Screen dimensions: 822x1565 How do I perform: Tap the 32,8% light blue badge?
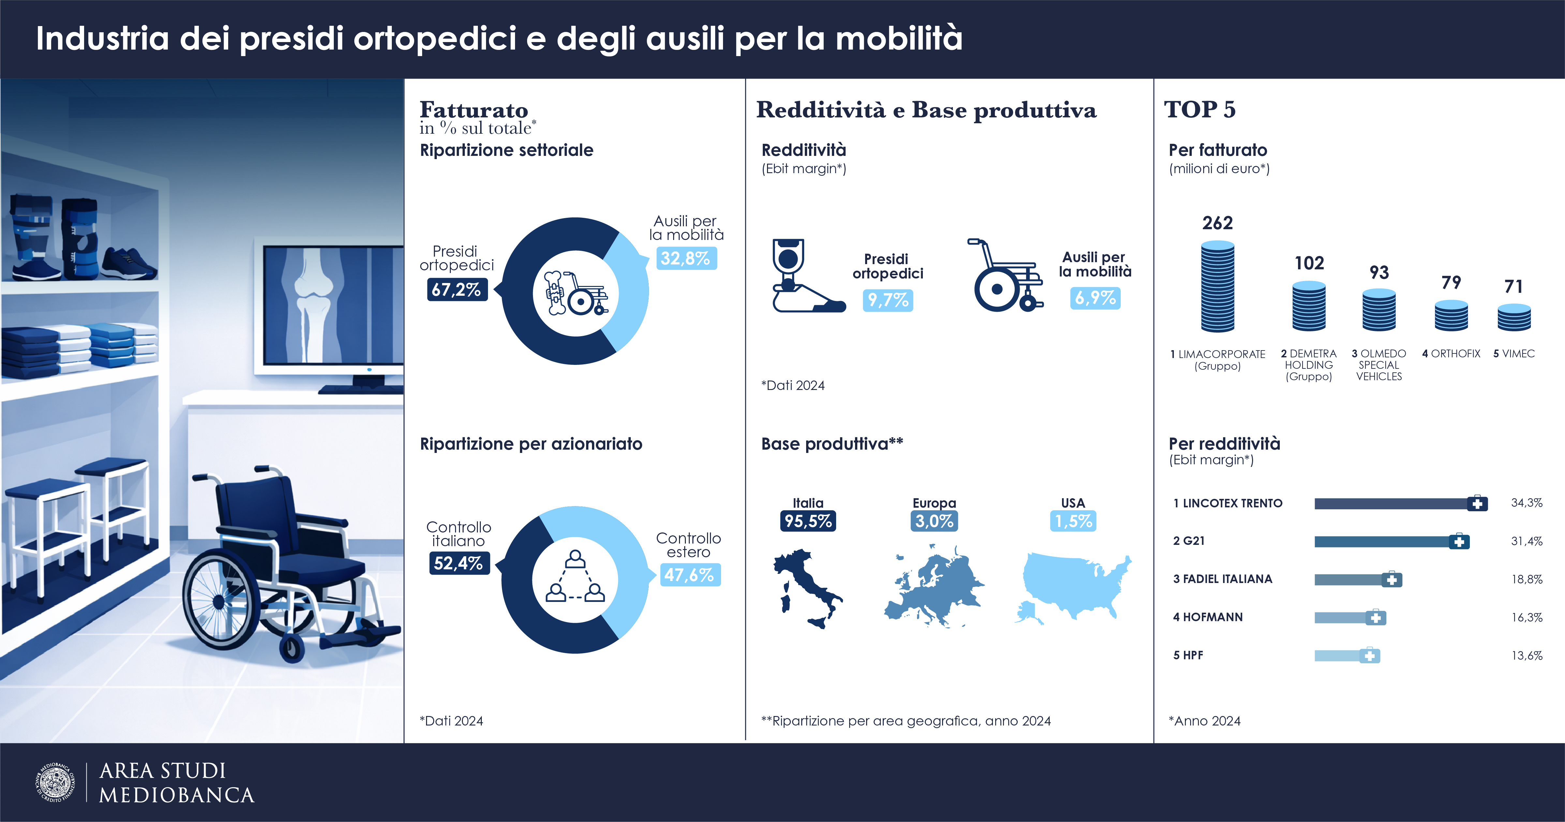pyautogui.click(x=686, y=258)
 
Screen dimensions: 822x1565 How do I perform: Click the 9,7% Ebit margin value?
pyautogui.click(x=888, y=300)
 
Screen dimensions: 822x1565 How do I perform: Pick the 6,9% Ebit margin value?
pyautogui.click(x=1095, y=298)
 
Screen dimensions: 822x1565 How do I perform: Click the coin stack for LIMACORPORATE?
pyautogui.click(x=1218, y=286)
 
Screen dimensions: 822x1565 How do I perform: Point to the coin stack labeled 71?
pyautogui.click(x=1514, y=317)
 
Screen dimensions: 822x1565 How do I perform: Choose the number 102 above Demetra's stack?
pyautogui.click(x=1309, y=263)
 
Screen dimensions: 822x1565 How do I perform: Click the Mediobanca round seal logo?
pyautogui.click(x=56, y=783)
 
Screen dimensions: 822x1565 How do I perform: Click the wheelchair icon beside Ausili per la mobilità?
pyautogui.click(x=1005, y=276)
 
